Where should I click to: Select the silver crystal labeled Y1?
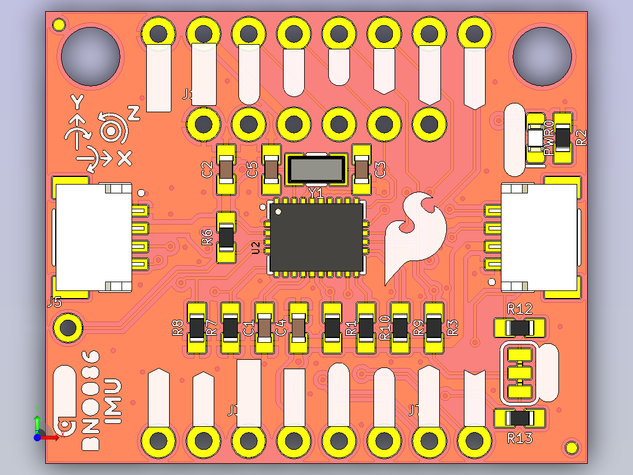[x=316, y=169]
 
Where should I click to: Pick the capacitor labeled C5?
[x=271, y=170]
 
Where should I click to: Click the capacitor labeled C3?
[x=362, y=170]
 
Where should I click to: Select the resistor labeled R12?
[x=520, y=327]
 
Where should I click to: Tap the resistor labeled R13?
[x=520, y=418]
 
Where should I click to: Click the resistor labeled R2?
[x=563, y=138]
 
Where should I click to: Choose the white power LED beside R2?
[x=536, y=138]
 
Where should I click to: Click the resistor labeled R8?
[x=196, y=328]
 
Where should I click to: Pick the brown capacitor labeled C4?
[x=298, y=328]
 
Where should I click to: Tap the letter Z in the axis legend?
[x=134, y=114]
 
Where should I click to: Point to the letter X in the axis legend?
[x=124, y=158]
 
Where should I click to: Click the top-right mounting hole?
[x=541, y=55]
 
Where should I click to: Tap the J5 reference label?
[x=54, y=303]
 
